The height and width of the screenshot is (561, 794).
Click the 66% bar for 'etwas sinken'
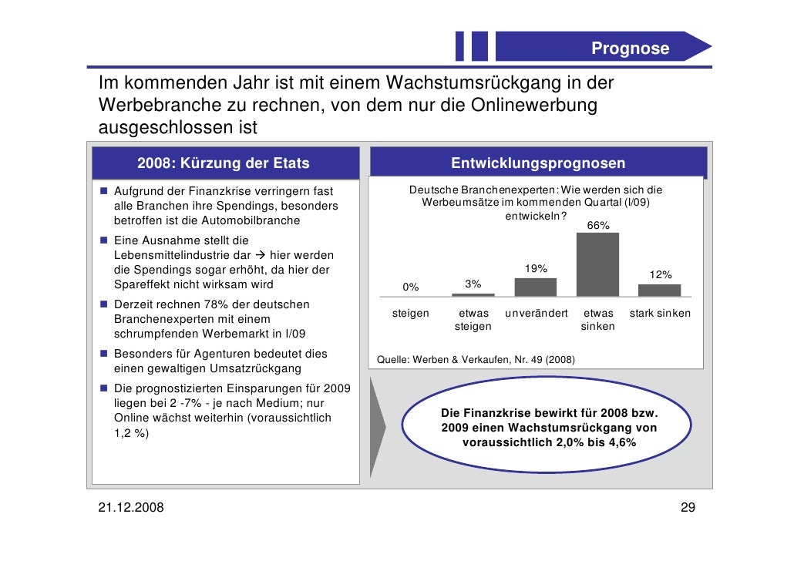pyautogui.click(x=597, y=264)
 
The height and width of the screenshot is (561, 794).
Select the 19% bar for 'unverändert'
pyautogui.click(x=535, y=287)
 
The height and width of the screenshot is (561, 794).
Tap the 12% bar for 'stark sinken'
pyautogui.click(x=660, y=290)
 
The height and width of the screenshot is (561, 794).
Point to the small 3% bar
pyautogui.click(x=473, y=294)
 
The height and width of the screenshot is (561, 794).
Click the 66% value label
pyautogui.click(x=598, y=225)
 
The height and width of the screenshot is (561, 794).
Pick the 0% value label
pyautogui.click(x=411, y=287)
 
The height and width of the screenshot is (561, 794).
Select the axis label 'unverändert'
pyautogui.click(x=537, y=314)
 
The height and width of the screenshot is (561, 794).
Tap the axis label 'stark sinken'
pyautogui.click(x=660, y=314)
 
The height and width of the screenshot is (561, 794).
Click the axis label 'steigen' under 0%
pyautogui.click(x=411, y=314)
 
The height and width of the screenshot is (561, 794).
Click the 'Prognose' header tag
pyautogui.click(x=630, y=49)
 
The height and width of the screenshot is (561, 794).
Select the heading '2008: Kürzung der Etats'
pyautogui.click(x=224, y=163)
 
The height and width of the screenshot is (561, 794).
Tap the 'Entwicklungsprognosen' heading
pyautogui.click(x=538, y=163)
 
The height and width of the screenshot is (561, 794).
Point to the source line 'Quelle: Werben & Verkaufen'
pyautogui.click(x=474, y=360)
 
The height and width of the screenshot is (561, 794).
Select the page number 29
pyautogui.click(x=688, y=507)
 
